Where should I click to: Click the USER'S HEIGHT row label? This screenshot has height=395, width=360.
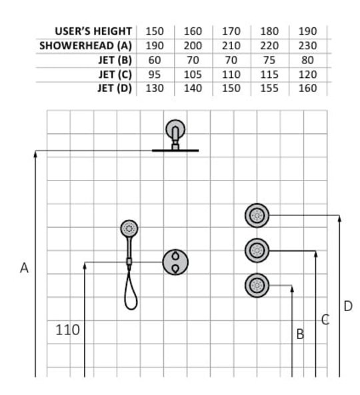pos(93,31)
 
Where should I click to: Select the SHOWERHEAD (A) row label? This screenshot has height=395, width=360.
pos(85,45)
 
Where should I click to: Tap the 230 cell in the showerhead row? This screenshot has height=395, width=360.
pos(307,45)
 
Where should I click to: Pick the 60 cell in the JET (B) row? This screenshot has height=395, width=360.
pos(155,60)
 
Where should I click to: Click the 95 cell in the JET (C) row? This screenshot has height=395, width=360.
pos(155,75)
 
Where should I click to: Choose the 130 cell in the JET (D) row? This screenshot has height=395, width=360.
pos(155,88)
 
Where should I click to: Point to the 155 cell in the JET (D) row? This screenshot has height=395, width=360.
pos(269,88)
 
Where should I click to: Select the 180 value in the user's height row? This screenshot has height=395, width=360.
pos(269,31)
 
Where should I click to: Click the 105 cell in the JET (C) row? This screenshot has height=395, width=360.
pos(193,75)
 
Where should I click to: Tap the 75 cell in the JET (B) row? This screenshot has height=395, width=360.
pos(269,60)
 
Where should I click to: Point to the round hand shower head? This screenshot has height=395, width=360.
pos(129,228)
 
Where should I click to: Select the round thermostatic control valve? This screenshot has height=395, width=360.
pos(175,262)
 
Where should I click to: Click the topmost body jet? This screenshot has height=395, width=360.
pos(257,215)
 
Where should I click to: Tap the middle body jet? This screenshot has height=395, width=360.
pos(257,250)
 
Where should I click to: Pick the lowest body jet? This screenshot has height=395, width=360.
pos(257,285)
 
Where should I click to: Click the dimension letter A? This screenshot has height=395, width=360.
pos(24,268)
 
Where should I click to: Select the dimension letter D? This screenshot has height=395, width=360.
pos(348,306)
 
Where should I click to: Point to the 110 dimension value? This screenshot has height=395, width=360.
pos(67,330)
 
